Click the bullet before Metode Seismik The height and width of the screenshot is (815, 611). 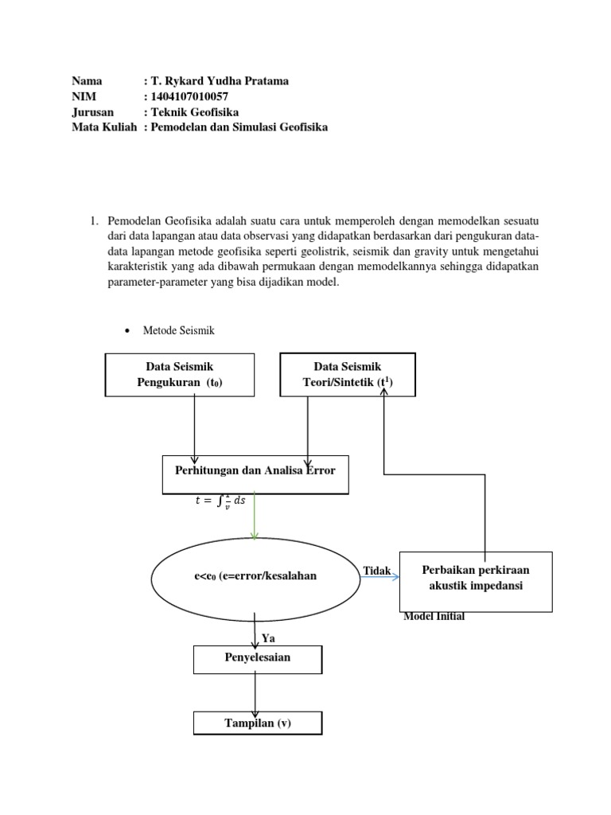tap(130, 330)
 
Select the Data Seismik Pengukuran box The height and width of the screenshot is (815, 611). tap(179, 374)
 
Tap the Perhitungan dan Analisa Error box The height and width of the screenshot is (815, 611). tap(255, 471)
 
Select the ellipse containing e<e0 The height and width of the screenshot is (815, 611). tap(255, 575)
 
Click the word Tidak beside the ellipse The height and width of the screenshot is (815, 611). tap(376, 571)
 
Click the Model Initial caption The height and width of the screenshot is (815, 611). tap(434, 617)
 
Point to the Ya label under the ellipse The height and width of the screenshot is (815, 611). tap(268, 638)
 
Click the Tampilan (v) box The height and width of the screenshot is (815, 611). tap(258, 723)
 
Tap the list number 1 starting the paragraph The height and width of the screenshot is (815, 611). tap(93, 220)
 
